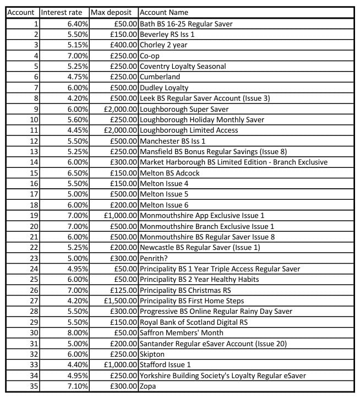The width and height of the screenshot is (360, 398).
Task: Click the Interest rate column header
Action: click(62, 12)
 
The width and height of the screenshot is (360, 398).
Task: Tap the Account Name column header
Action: click(163, 12)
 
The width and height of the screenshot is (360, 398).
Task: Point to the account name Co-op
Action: click(150, 56)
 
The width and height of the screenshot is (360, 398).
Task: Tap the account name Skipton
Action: click(152, 354)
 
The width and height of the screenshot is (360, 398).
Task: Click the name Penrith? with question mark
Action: click(155, 258)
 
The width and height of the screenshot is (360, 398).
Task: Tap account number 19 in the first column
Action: click(34, 215)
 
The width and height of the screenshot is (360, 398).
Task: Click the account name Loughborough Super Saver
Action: click(184, 109)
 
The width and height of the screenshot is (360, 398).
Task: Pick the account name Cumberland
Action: click(160, 77)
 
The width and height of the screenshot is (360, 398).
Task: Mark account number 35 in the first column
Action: click(34, 386)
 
